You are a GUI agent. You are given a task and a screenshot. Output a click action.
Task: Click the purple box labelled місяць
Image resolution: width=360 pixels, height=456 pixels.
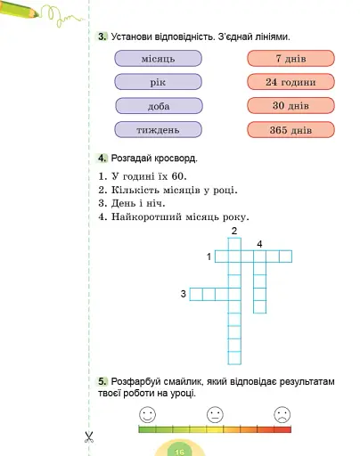(159, 59)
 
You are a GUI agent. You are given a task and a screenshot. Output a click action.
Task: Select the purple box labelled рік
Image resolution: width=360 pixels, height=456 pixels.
(159, 82)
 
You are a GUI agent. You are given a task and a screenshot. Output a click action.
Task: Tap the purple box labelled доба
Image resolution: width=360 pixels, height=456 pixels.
(159, 106)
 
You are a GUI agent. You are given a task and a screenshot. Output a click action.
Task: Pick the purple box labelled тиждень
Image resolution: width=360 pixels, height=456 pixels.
(159, 130)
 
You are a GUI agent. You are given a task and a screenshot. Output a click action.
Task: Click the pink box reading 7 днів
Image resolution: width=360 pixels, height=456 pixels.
(290, 59)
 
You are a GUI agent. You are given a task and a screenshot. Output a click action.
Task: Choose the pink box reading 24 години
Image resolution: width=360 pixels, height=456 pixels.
(290, 82)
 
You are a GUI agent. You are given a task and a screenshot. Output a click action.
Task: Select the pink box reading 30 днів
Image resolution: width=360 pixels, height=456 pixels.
(290, 106)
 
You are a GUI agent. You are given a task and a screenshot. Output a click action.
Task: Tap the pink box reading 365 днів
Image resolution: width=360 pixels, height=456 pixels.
(290, 130)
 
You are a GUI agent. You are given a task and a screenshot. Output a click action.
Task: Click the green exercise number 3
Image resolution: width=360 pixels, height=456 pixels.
(103, 37)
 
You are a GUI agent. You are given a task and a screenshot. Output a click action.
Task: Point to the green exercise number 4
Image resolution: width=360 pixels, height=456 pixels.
(103, 159)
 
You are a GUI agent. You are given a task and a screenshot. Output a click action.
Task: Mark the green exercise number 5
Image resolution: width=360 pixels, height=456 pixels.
(103, 381)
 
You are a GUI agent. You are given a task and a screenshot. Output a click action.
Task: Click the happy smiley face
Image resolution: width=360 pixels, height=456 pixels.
(148, 414)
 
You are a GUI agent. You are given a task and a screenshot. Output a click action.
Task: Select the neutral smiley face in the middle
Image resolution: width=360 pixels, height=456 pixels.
(215, 414)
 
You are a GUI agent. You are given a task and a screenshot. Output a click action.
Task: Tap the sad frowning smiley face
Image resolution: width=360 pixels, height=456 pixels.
(282, 414)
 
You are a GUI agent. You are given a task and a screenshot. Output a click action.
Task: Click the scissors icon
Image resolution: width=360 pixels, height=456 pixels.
(89, 436)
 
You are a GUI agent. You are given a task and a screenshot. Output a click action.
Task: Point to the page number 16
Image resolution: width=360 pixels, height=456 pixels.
(179, 451)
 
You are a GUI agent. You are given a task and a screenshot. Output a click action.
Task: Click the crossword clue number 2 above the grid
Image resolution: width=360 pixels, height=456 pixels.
(234, 232)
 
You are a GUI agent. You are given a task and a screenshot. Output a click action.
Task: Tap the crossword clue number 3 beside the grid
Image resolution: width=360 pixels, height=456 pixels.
(183, 294)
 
